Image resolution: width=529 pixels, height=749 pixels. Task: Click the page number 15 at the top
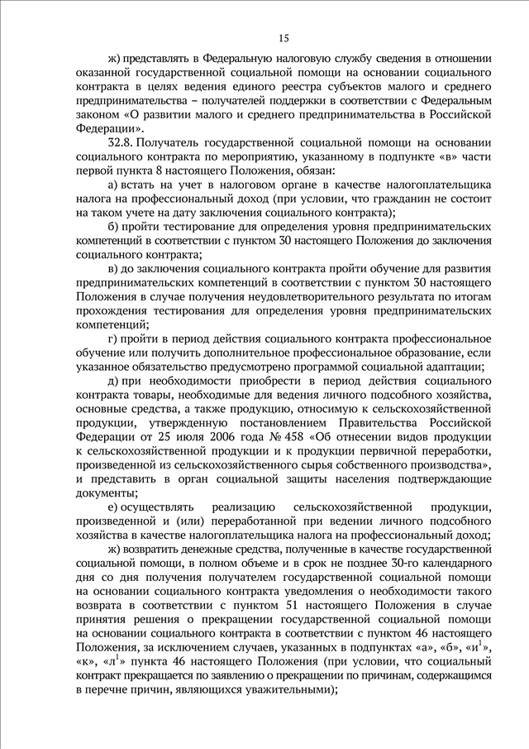[x=284, y=38]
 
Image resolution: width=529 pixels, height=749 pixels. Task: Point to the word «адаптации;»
[x=451, y=367]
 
